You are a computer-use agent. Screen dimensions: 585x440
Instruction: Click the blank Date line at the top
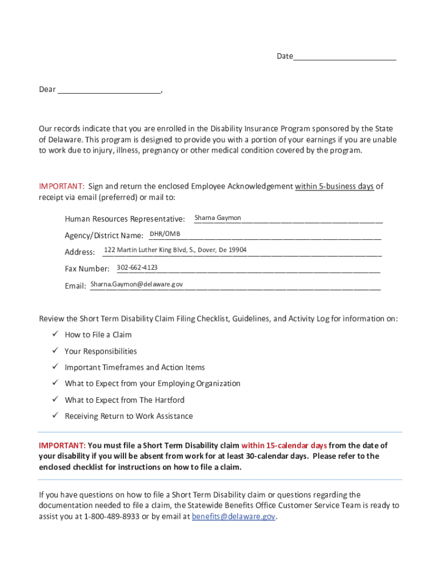coord(345,57)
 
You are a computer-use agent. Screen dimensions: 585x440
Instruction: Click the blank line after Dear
coord(109,90)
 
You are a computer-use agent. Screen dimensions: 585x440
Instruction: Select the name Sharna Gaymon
coord(218,218)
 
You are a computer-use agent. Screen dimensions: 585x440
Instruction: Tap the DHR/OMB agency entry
coord(165,234)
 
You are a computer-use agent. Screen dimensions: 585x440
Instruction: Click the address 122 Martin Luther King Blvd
coord(175,250)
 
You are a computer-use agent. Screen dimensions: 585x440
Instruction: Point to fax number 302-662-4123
coord(137,267)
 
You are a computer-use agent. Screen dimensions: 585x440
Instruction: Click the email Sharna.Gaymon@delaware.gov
coord(137,284)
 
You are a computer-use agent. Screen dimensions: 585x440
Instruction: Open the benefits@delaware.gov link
coord(234,516)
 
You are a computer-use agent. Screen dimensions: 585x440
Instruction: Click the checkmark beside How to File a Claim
coord(55,334)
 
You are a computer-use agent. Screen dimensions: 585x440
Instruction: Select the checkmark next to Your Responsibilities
coord(55,351)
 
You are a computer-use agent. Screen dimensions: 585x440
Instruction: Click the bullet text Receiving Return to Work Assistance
coord(129,416)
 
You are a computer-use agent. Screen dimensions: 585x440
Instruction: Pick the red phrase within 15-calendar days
coord(284,445)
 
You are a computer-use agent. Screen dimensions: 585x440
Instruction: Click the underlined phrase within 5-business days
coord(334,186)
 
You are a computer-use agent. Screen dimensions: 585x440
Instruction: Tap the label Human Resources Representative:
coord(125,219)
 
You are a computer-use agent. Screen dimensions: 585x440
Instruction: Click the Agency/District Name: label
coord(104,235)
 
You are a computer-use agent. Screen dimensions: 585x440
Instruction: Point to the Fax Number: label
coord(87,269)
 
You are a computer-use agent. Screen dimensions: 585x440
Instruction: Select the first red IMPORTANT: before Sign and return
coord(62,186)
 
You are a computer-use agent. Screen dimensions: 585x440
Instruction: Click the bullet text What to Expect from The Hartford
coord(125,400)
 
